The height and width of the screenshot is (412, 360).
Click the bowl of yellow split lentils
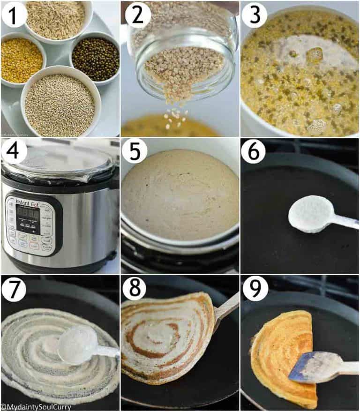click(21, 60)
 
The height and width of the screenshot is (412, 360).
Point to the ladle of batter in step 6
click(305, 213)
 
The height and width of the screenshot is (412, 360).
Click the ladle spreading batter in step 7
click(77, 345)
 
